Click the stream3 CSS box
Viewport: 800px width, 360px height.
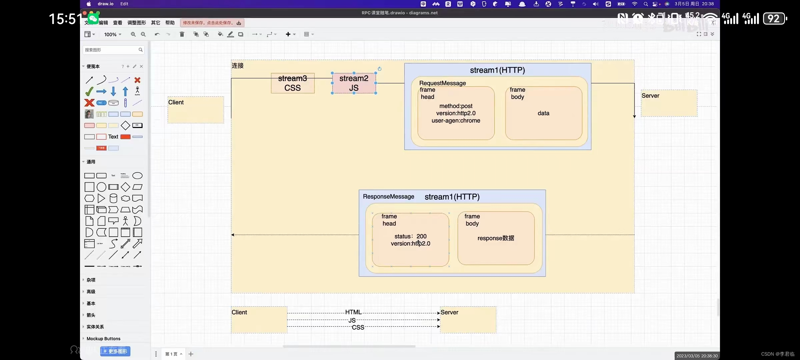pos(292,83)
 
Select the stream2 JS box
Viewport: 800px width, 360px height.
pos(354,83)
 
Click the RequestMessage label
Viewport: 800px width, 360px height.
pos(442,83)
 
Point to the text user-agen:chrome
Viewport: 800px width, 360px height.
pos(456,121)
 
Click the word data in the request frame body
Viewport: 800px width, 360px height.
pos(543,113)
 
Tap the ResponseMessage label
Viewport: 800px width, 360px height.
pos(388,197)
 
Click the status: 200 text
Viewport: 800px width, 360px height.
pos(410,236)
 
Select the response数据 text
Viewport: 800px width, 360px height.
pos(496,238)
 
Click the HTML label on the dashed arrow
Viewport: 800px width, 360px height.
pos(353,312)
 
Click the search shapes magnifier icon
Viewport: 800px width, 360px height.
pos(141,50)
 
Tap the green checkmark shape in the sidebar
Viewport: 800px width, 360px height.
pos(89,91)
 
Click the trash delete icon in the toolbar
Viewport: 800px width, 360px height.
pos(182,34)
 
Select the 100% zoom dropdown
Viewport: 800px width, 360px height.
pos(113,34)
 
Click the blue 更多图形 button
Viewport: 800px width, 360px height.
pos(115,351)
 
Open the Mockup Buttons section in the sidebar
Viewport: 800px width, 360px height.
pos(103,339)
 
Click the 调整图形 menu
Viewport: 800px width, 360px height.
pos(137,23)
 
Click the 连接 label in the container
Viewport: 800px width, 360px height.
pos(238,66)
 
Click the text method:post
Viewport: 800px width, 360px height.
pos(456,106)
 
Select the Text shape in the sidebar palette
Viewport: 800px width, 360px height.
pos(113,137)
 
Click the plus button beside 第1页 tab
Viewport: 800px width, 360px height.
pos(191,354)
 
